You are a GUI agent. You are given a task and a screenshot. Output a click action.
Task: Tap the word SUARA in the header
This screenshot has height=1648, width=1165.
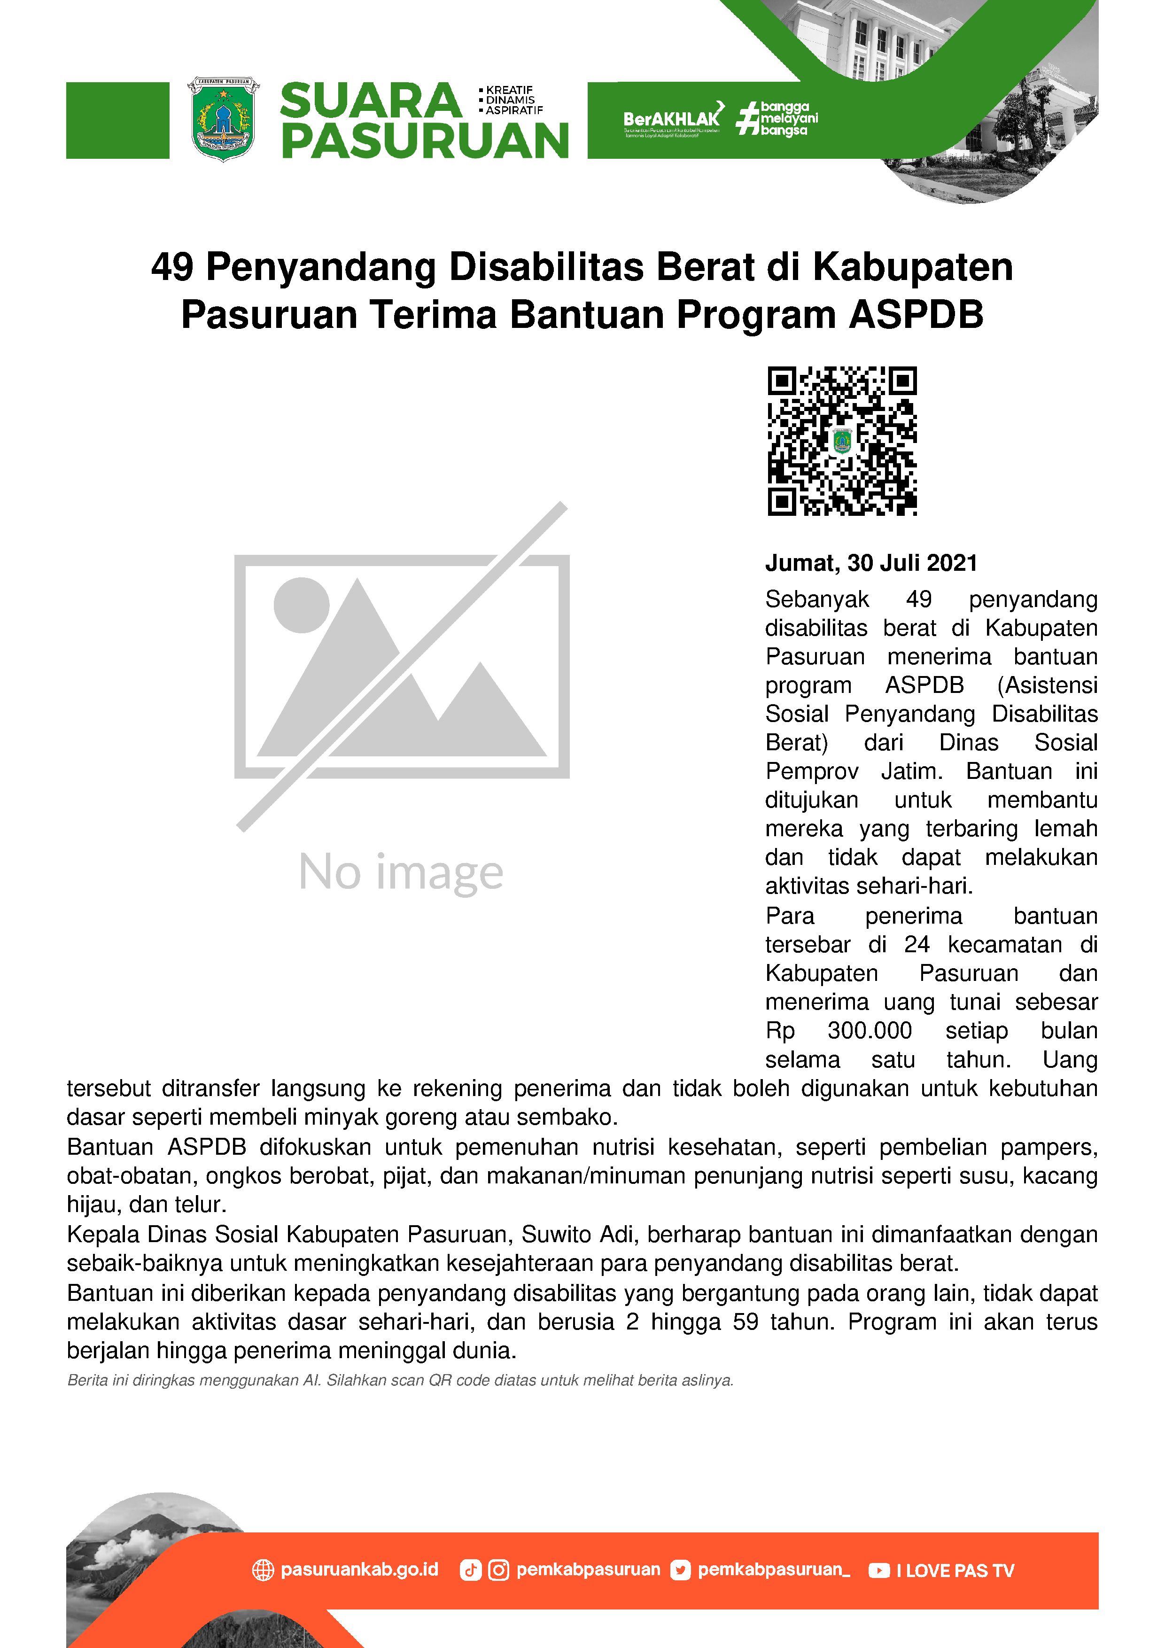click(370, 101)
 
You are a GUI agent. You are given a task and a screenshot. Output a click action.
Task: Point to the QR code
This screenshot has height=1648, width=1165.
click(842, 441)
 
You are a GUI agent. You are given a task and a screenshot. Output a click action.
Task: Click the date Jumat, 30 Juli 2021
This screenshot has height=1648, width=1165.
click(871, 563)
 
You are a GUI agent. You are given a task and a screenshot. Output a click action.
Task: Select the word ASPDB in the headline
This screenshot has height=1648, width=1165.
click(916, 315)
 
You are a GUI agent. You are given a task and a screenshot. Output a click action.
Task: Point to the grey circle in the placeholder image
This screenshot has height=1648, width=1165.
click(302, 604)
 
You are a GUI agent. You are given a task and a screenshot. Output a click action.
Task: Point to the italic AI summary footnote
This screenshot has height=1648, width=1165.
click(400, 1380)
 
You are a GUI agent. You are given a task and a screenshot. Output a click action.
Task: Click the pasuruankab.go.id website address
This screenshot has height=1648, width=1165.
click(359, 1569)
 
